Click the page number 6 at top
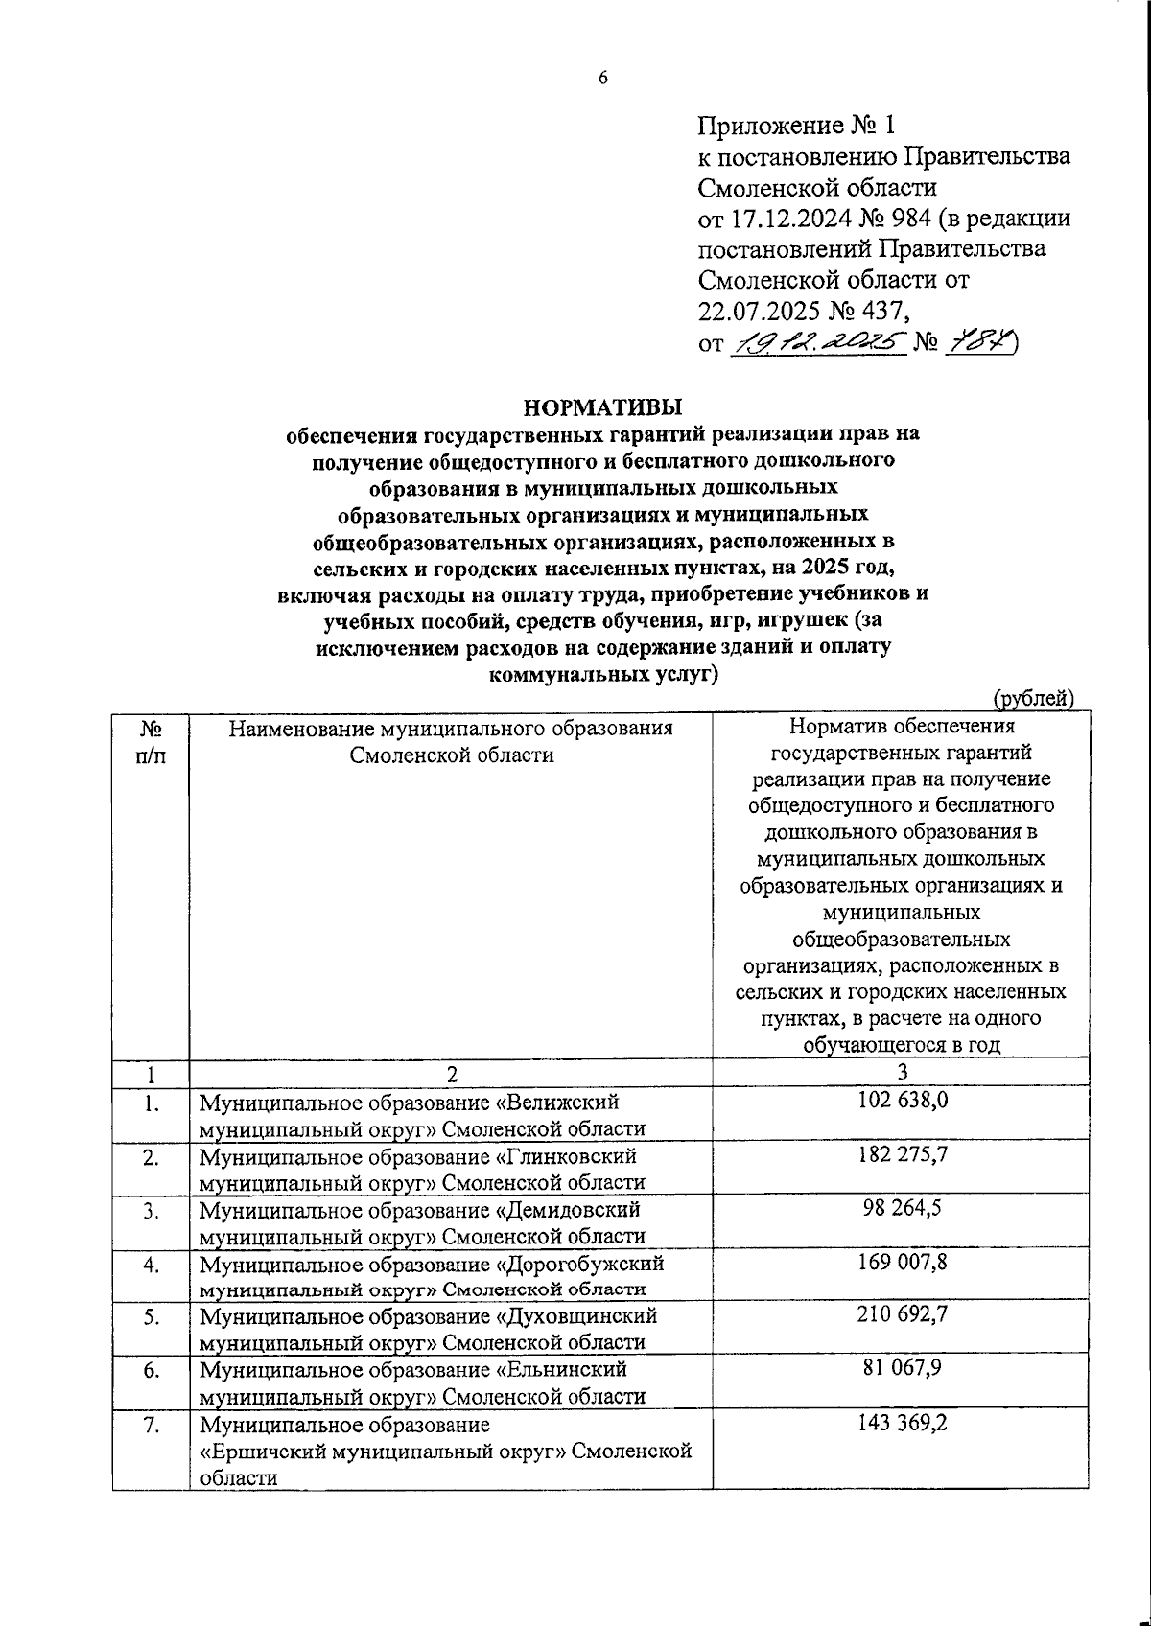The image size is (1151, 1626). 603,81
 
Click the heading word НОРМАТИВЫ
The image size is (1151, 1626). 602,406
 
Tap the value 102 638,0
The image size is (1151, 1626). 902,1100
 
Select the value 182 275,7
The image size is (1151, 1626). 902,1154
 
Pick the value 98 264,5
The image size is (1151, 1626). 902,1208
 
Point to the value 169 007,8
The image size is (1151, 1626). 902,1262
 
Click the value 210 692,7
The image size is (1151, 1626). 902,1314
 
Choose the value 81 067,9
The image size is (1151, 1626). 902,1368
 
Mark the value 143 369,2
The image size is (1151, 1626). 902,1423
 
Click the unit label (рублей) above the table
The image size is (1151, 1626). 1033,699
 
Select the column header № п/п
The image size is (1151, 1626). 151,742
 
